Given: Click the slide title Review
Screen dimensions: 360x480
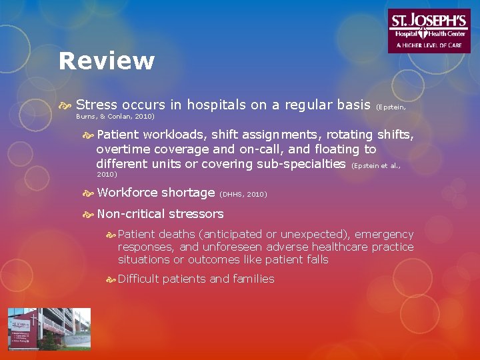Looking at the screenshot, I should tap(106, 61).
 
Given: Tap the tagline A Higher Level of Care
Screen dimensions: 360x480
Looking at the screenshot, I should tap(428, 45).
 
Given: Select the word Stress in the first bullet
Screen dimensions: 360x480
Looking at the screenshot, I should tap(96, 105).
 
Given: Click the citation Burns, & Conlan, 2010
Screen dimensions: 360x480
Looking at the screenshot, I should tap(115, 116).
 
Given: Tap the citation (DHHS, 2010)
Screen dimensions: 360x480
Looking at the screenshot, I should tap(243, 195).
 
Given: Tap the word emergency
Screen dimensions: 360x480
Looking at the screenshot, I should tap(384, 235).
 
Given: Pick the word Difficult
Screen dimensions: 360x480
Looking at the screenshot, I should tap(138, 279).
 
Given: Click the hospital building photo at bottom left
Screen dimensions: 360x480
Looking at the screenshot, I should tap(49, 329).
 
